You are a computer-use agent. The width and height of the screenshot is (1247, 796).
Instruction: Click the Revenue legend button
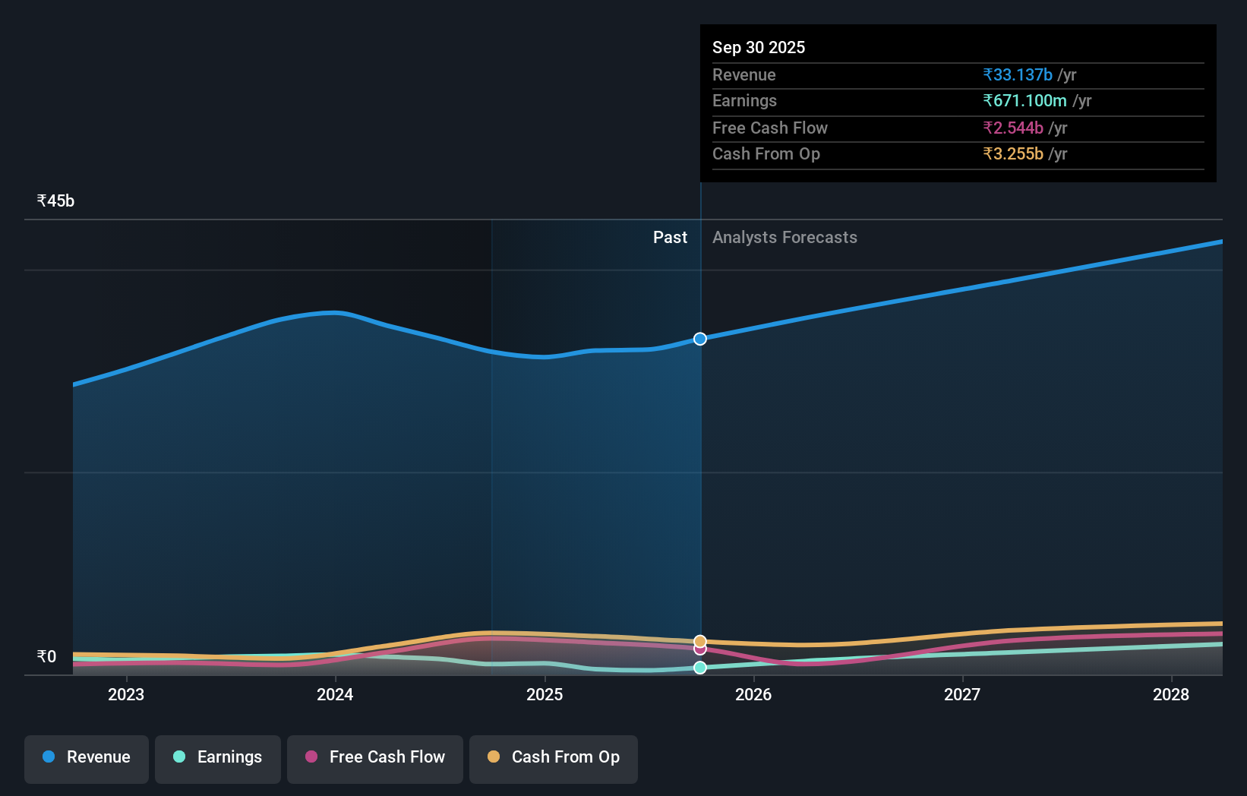(87, 758)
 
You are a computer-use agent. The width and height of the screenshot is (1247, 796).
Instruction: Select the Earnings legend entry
(218, 758)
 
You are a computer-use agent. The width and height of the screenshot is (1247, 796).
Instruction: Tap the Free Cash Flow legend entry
(375, 758)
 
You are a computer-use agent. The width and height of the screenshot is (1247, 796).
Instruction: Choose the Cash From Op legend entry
(554, 758)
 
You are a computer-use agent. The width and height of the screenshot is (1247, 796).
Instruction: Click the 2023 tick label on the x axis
(126, 695)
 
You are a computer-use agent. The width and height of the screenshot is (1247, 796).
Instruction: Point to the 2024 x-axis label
(335, 695)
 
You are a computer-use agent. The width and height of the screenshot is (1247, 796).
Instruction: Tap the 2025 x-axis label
(545, 695)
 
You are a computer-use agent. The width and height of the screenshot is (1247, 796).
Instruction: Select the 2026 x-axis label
(753, 695)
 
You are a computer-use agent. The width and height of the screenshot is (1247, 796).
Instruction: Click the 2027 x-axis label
(962, 695)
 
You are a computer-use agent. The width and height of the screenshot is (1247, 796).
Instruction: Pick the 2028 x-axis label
(1171, 695)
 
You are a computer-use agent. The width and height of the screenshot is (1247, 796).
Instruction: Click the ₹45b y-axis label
(55, 201)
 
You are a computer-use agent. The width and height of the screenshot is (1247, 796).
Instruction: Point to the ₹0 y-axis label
(46, 657)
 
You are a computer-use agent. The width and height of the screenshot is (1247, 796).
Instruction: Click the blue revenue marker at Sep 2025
(700, 339)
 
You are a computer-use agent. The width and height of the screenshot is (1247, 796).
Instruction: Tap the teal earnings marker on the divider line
(700, 668)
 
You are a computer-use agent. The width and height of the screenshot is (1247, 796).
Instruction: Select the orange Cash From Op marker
(700, 642)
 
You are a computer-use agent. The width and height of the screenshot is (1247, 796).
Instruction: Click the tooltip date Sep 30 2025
(759, 48)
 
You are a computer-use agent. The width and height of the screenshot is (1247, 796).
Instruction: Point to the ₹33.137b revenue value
(1017, 75)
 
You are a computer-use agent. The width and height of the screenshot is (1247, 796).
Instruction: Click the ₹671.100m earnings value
(1024, 101)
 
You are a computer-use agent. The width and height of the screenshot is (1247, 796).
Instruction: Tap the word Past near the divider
(670, 238)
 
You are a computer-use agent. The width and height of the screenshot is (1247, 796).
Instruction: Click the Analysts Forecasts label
(785, 238)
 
